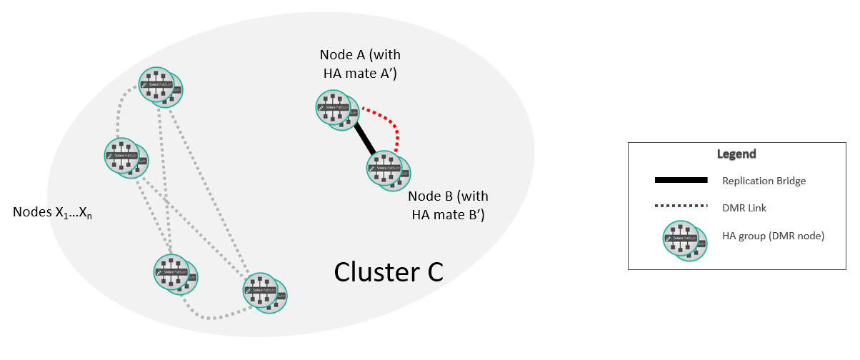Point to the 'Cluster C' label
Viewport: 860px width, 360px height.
389,271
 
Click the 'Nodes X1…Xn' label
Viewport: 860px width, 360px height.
54,213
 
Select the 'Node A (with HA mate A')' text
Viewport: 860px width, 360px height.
359,64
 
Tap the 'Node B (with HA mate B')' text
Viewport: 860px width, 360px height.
448,206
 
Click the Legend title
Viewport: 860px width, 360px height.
736,154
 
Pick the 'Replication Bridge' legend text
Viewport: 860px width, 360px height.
764,181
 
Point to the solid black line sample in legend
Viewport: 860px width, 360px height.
680,179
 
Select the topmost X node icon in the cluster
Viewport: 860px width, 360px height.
159,87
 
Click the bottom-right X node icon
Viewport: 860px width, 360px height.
264,291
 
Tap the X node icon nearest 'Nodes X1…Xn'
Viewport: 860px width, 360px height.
125,157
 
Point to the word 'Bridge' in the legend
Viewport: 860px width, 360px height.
790,181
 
